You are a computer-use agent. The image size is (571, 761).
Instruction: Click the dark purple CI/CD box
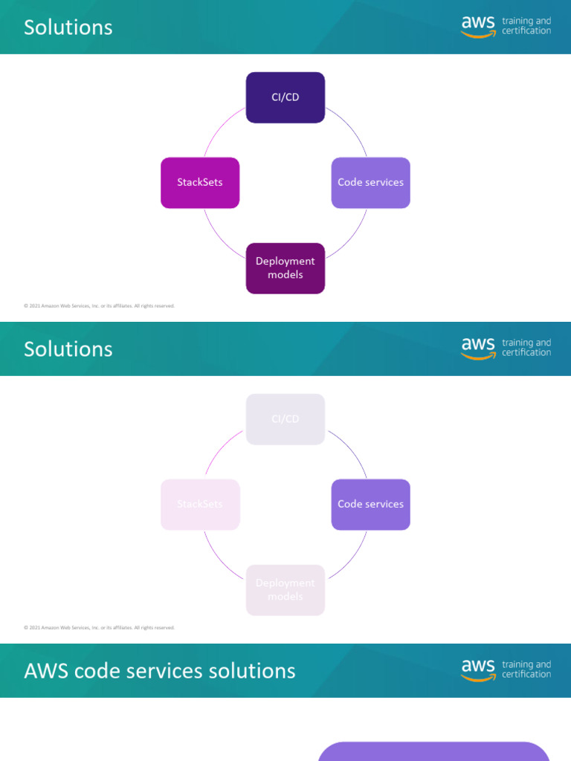285,97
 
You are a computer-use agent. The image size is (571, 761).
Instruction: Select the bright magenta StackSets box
200,183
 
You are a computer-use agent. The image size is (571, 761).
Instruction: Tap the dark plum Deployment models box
285,268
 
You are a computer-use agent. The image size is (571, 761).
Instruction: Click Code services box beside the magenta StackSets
370,183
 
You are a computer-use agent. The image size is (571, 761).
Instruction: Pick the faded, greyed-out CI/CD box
285,419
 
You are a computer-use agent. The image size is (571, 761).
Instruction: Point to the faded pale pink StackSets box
200,505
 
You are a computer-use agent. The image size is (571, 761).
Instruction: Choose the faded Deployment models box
285,590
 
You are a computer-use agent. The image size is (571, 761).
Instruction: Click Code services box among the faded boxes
370,505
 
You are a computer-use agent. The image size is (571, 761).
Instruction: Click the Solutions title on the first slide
68,27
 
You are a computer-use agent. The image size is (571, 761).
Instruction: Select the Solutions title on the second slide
68,349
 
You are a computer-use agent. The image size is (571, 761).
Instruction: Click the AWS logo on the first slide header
477,27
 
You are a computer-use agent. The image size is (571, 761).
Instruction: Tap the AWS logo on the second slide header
477,349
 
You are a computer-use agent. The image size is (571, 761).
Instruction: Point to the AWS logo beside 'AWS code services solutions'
477,670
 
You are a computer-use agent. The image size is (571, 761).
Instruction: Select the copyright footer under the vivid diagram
99,305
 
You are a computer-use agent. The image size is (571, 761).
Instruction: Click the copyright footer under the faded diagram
99,627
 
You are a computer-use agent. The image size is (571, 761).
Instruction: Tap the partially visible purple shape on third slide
433,751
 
